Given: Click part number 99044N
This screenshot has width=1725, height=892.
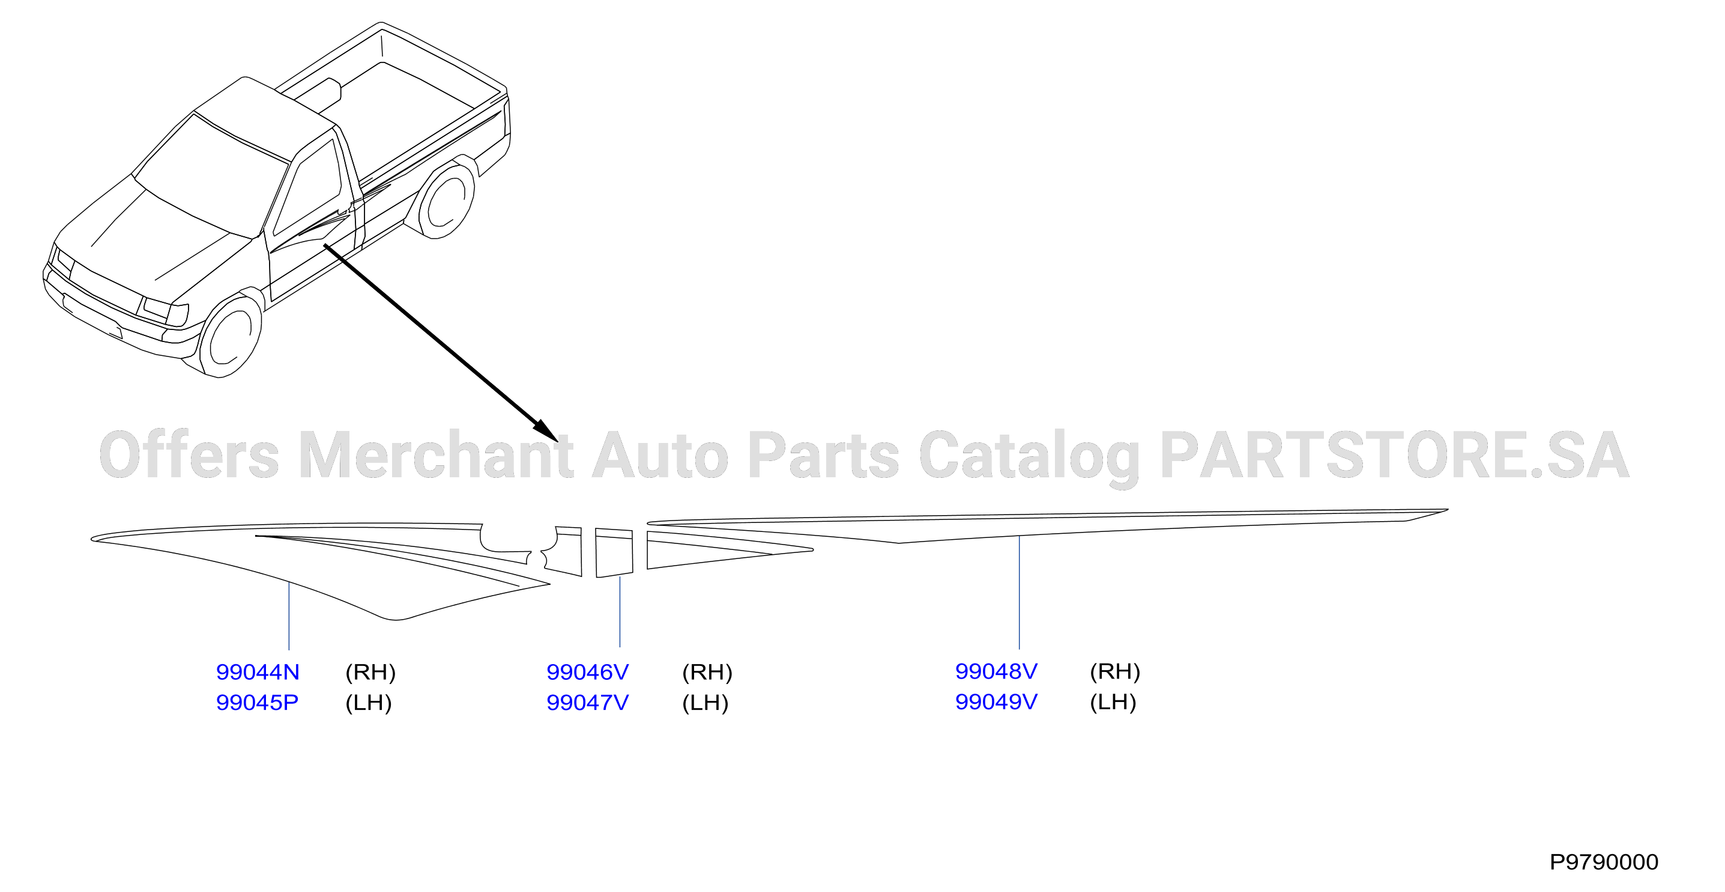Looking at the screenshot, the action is pyautogui.click(x=258, y=671).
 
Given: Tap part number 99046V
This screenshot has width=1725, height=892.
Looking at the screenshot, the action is pyautogui.click(x=587, y=671).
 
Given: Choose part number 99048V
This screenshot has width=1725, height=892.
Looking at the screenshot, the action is pyautogui.click(x=995, y=671).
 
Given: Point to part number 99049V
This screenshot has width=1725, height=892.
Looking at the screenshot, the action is pyautogui.click(x=995, y=701).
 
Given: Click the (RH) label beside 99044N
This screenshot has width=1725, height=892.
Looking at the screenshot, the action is pyautogui.click(x=370, y=672).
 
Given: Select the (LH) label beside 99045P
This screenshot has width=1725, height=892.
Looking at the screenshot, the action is pyautogui.click(x=368, y=703).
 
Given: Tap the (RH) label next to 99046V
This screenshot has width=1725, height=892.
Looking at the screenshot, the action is pyautogui.click(x=707, y=672).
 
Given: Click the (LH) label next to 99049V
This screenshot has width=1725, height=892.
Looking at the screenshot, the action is pyautogui.click(x=1113, y=702).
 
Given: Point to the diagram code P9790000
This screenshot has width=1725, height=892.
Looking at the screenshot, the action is pyautogui.click(x=1604, y=862).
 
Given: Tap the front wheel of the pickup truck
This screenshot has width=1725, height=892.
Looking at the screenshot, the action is pyautogui.click(x=231, y=337).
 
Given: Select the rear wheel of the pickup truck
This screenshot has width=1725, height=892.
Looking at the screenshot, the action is pyautogui.click(x=446, y=199).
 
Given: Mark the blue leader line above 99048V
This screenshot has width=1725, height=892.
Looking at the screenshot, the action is pyautogui.click(x=1019, y=593).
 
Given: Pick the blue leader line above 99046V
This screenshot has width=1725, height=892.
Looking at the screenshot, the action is pyautogui.click(x=620, y=611).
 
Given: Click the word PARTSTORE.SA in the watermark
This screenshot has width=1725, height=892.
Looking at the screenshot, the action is pyautogui.click(x=1394, y=455).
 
